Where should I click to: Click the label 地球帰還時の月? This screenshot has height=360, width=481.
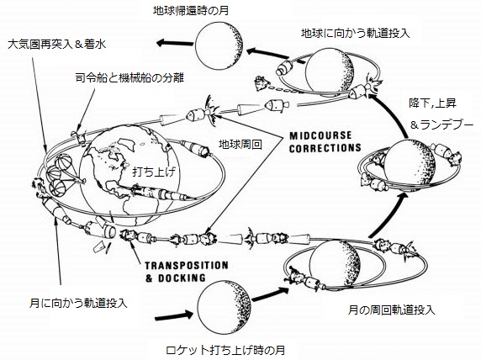(191, 11)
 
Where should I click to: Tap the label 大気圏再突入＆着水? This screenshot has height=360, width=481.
(57, 45)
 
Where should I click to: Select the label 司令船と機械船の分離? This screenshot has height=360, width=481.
(129, 77)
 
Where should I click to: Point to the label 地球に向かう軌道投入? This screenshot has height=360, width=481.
(356, 33)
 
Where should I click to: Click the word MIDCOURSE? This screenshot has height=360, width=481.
(320, 135)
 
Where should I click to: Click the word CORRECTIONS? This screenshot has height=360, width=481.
(325, 148)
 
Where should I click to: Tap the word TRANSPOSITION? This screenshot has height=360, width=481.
(187, 266)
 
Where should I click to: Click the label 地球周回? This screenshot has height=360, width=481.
(240, 144)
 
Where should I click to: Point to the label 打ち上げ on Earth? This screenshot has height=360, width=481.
(154, 172)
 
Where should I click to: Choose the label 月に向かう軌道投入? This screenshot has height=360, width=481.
(78, 303)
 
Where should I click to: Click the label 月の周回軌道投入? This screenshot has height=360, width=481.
(391, 310)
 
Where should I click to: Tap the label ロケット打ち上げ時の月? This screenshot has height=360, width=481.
(225, 350)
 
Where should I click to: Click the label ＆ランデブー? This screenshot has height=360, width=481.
(441, 125)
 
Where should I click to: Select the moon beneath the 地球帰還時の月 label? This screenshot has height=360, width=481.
(219, 45)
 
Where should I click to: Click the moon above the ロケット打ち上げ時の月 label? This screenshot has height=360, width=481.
(225, 308)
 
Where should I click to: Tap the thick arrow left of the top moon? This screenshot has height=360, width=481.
(175, 43)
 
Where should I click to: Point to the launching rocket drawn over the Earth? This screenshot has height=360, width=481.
(162, 193)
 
